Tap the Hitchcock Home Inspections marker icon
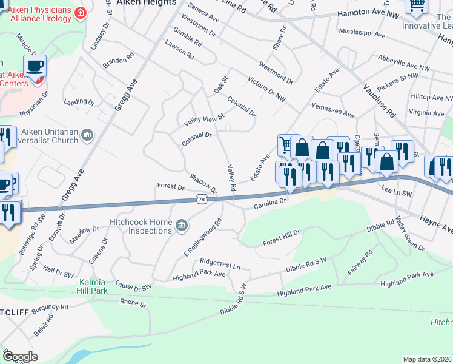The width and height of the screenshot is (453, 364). [180, 227]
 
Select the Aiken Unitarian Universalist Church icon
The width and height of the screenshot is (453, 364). [87, 135]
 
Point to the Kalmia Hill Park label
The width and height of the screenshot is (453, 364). [93, 287]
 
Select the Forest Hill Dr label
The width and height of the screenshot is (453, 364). [281, 238]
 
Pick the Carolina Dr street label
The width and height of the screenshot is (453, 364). [269, 203]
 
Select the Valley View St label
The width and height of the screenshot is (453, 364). [204, 120]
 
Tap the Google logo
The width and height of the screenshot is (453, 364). [20, 356]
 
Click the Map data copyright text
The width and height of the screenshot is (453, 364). [427, 359]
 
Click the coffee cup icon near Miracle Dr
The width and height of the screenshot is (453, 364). [35, 66]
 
